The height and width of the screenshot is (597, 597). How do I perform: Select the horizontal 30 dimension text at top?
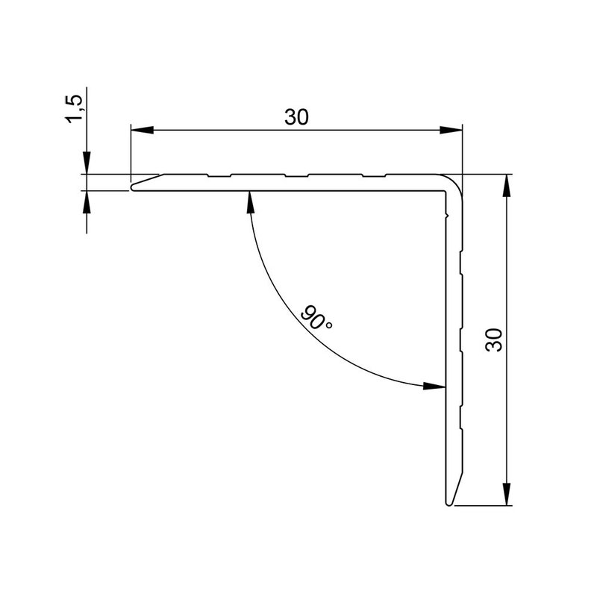(296, 117)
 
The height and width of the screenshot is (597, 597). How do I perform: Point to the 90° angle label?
(317, 318)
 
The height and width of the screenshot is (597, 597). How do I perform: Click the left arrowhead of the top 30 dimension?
(142, 131)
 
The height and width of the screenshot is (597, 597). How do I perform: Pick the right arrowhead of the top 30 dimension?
(451, 131)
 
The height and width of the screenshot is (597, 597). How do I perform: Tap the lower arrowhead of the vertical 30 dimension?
(507, 494)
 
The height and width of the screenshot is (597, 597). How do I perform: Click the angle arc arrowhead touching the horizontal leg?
(249, 199)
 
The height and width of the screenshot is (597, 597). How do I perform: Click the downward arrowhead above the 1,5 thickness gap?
(87, 165)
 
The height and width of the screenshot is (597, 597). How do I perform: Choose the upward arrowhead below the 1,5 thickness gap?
(87, 200)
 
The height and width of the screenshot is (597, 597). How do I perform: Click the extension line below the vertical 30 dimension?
(485, 506)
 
